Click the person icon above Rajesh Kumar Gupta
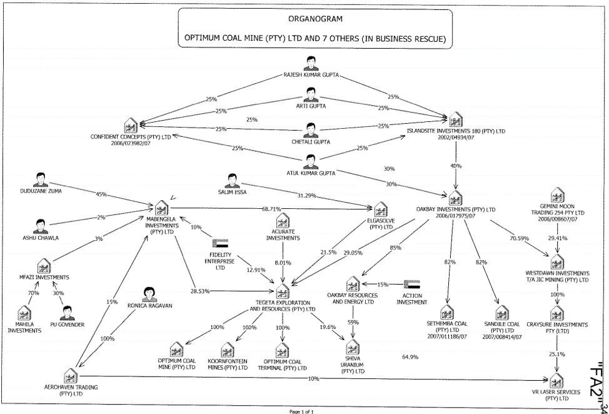[x=310, y=64]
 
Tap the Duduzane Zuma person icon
[x=41, y=179]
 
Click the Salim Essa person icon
[x=232, y=181]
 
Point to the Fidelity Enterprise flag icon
[x=221, y=244]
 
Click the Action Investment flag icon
[x=411, y=285]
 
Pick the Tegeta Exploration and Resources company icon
[x=283, y=291]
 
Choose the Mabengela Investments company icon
[x=162, y=207]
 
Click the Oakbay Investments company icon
[x=456, y=198]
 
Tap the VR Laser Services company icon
[x=556, y=379]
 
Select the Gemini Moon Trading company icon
[x=558, y=194]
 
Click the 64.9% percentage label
[x=410, y=357]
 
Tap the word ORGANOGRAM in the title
[x=315, y=20]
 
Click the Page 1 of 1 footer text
[x=305, y=410]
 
